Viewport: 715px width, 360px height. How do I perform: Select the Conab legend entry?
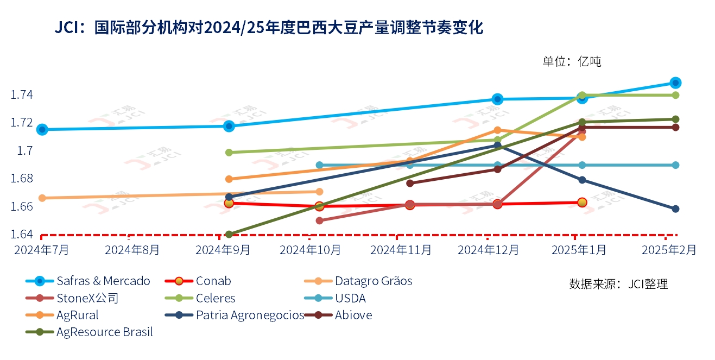[213, 281]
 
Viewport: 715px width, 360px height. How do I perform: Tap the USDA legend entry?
[350, 298]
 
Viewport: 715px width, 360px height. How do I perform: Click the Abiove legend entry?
[353, 315]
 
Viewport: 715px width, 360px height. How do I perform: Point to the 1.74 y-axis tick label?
[22, 95]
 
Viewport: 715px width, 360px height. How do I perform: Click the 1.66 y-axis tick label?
[22, 206]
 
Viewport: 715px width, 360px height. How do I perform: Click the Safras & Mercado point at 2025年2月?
[675, 83]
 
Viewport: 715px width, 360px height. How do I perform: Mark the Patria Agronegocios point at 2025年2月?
[675, 209]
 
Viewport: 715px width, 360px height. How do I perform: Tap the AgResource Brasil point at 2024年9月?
[229, 235]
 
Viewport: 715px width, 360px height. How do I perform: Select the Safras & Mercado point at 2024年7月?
[42, 129]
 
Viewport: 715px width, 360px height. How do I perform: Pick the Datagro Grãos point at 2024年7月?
[42, 198]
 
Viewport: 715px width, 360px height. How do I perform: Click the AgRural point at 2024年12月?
[497, 130]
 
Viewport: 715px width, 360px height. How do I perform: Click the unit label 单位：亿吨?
[572, 61]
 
